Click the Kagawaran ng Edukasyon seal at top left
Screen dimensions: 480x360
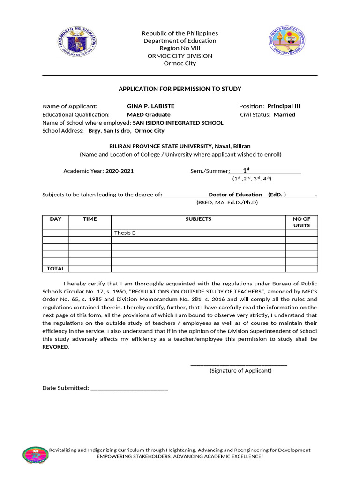click(78, 42)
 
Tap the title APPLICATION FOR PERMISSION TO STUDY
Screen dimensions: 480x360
click(180, 89)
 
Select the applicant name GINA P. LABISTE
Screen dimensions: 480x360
click(150, 106)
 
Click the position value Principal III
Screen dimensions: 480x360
click(284, 106)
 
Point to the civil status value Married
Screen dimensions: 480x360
click(285, 114)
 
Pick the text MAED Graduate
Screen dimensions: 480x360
click(149, 114)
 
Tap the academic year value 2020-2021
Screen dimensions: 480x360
click(120, 171)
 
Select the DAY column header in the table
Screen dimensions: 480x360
click(56, 219)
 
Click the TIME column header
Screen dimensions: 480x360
click(90, 219)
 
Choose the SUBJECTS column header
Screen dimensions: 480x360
click(198, 219)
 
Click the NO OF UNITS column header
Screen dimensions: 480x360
click(301, 222)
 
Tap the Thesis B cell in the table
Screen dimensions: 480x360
click(125, 233)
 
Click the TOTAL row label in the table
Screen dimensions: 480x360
click(56, 269)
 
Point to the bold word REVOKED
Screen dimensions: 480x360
click(55, 347)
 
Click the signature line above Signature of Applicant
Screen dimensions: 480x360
click(239, 364)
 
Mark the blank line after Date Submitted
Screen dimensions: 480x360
click(129, 389)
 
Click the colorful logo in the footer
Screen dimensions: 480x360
click(36, 454)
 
